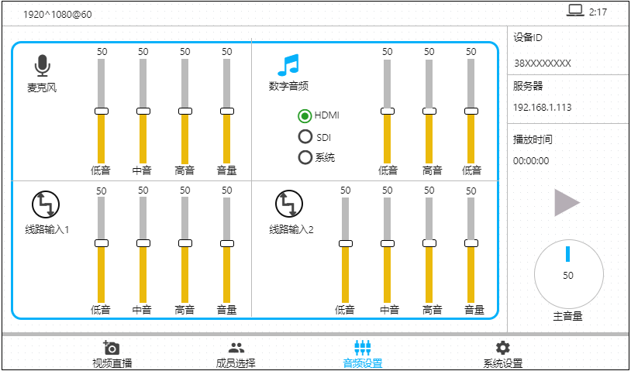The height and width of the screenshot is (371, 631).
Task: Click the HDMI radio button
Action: coord(305,116)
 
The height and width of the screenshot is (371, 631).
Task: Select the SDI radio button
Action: coord(305,137)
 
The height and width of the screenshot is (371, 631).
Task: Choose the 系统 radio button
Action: coord(305,157)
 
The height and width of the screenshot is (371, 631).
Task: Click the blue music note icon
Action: coord(288,66)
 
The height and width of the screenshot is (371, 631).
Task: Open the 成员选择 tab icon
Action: coord(236,348)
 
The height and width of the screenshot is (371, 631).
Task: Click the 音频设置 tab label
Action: coord(362,363)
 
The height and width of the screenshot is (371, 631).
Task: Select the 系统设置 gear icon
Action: coord(502,348)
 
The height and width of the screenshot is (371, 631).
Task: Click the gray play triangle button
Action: coord(567,202)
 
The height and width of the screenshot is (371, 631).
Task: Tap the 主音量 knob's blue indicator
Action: coord(567,253)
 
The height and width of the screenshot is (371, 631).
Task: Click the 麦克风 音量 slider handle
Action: coord(226,112)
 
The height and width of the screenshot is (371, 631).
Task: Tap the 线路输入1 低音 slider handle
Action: coord(101,243)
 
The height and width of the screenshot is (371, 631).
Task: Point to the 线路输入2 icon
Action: coord(288,204)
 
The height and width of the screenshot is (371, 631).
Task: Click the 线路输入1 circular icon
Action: coord(45,204)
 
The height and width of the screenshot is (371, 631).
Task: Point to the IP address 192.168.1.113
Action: coord(542,108)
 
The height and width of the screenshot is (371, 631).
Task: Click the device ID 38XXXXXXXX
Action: coord(542,63)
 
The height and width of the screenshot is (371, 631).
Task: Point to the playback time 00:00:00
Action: coord(531,161)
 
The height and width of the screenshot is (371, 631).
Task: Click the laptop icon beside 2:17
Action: coord(574,11)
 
